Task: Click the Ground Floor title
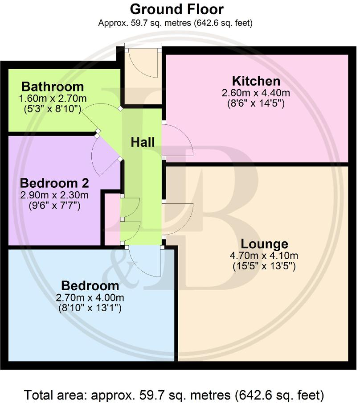click(x=176, y=9)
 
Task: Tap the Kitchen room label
click(x=256, y=81)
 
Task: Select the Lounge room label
click(x=265, y=244)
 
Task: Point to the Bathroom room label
click(x=53, y=87)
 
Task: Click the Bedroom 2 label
click(x=55, y=183)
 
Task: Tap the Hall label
click(x=143, y=142)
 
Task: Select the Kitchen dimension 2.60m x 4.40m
click(x=256, y=93)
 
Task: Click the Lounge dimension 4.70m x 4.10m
click(x=265, y=256)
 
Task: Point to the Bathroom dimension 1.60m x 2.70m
click(x=53, y=99)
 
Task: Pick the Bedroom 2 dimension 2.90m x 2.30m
click(x=55, y=195)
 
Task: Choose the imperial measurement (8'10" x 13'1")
click(x=90, y=308)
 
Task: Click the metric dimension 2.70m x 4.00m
click(x=90, y=297)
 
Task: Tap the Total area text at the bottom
click(x=174, y=395)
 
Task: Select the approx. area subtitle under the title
click(x=176, y=23)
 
